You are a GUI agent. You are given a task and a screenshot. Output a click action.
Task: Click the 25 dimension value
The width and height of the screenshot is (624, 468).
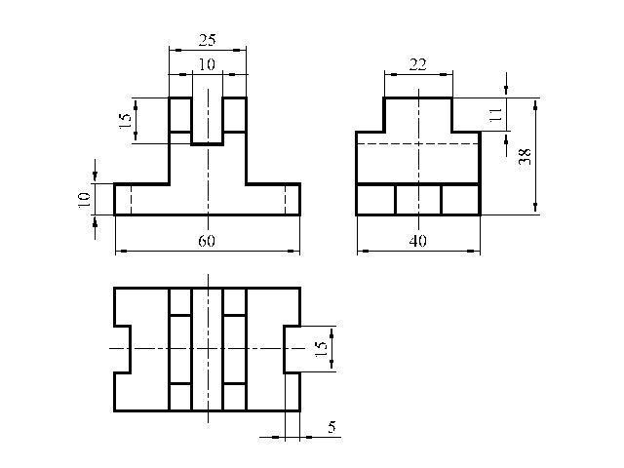(208, 40)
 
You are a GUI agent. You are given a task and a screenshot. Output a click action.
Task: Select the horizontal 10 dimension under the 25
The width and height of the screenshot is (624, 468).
(207, 64)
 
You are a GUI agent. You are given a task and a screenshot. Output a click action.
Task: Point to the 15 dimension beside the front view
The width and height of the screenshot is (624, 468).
(125, 120)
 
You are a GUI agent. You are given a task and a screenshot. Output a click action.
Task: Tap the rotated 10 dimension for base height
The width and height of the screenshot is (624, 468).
(84, 200)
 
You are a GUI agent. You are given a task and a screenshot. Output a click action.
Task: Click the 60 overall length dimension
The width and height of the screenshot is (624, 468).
(207, 241)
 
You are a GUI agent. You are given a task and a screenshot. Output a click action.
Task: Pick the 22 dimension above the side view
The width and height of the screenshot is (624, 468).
(418, 64)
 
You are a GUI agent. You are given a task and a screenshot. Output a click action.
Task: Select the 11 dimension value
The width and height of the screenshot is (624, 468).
(494, 115)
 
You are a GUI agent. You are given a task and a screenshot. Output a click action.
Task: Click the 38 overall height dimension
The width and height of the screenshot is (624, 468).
(525, 156)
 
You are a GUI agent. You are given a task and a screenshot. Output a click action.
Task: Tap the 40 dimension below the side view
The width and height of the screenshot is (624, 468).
(418, 241)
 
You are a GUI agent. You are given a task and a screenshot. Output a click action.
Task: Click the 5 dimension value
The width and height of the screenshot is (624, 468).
(331, 427)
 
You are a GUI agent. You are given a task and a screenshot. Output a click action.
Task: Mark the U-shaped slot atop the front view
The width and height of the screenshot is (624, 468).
(207, 144)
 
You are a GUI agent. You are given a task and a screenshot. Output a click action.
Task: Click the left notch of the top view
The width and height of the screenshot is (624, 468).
(130, 349)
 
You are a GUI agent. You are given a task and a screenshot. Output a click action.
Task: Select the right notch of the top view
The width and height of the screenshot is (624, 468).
(284, 349)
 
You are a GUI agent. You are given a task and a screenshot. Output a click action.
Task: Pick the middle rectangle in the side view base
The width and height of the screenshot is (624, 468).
(418, 200)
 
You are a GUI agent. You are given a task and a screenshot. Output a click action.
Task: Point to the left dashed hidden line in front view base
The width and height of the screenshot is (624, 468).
(131, 200)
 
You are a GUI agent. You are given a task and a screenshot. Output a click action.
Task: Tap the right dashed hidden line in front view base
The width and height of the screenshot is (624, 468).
(286, 200)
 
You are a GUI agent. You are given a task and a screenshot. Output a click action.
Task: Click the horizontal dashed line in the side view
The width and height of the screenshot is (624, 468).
(418, 143)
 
